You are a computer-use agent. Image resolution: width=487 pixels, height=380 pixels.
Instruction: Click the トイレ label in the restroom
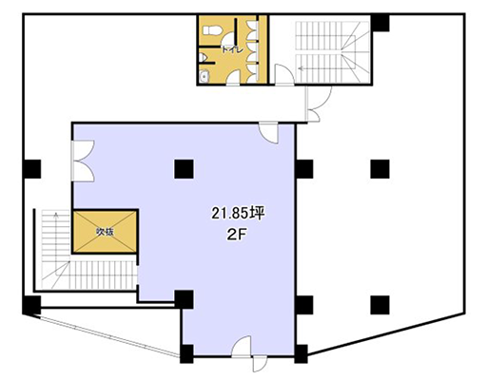(232, 49)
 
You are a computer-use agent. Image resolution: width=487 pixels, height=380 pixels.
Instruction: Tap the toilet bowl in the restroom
(211, 30)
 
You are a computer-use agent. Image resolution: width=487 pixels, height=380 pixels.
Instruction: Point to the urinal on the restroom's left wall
(204, 58)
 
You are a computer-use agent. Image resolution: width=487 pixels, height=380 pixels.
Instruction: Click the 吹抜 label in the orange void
(105, 232)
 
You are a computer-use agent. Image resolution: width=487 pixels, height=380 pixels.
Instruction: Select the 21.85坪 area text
(238, 214)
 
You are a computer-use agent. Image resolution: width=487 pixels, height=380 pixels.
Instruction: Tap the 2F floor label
(237, 235)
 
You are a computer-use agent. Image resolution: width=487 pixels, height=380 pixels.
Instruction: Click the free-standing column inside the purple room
(184, 169)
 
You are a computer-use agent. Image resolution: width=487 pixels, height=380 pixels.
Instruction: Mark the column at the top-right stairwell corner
(380, 23)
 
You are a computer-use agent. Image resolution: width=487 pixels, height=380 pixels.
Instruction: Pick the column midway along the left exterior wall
(32, 169)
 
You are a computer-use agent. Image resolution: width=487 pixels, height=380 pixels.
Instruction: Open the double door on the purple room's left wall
(83, 161)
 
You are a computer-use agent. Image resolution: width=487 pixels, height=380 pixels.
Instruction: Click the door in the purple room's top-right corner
(268, 133)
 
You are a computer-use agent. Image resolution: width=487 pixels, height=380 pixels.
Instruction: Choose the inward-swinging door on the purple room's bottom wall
(242, 347)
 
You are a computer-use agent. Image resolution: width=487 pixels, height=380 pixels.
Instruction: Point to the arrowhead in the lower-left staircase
(56, 215)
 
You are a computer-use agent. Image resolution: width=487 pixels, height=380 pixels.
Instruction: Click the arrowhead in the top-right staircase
(301, 67)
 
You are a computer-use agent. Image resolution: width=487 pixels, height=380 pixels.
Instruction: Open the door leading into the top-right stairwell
(284, 75)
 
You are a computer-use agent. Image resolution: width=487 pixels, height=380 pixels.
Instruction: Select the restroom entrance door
(233, 78)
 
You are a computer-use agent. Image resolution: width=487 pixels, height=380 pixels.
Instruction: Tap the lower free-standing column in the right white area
(380, 305)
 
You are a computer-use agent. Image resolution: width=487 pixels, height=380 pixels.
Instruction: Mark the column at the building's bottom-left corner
(31, 305)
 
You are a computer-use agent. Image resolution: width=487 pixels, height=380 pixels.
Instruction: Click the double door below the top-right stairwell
(318, 104)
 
